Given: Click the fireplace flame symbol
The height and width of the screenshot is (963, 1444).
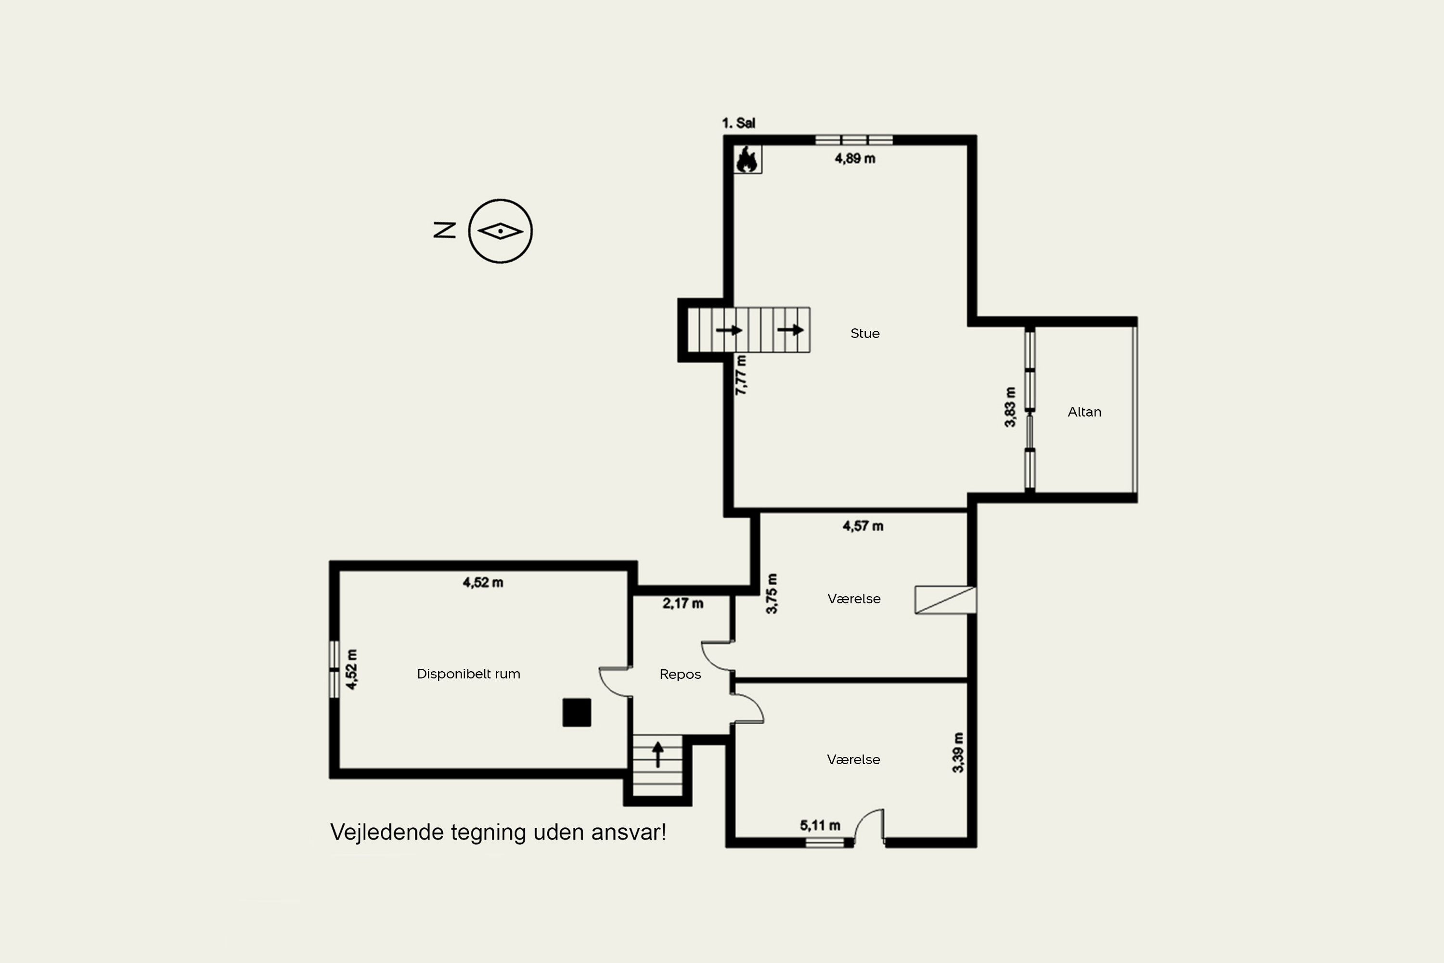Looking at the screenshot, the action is [747, 160].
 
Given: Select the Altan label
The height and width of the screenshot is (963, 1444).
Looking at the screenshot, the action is [1084, 412].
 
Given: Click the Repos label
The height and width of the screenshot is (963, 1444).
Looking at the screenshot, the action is [680, 675].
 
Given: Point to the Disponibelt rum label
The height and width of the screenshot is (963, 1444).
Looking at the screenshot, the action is [468, 674].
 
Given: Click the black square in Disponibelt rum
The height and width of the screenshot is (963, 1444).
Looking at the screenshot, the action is [577, 713].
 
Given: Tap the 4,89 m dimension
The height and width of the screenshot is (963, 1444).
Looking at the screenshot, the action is [855, 158].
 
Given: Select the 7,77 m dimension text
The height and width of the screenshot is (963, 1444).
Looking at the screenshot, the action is [741, 375].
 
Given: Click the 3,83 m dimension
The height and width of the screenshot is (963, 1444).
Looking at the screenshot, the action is [1010, 406].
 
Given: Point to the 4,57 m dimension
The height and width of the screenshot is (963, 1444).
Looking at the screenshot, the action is [863, 526].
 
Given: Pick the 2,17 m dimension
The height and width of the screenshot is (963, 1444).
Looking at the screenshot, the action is [683, 603].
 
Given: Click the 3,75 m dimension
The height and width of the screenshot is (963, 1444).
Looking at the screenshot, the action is [772, 593].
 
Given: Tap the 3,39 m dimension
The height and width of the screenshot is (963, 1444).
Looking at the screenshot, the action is [958, 752].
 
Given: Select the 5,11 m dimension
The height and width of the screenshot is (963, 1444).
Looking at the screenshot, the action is [820, 825].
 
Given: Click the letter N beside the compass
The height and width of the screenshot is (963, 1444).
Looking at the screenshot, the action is [444, 230].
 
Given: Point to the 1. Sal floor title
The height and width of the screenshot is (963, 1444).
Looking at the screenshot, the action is [738, 123].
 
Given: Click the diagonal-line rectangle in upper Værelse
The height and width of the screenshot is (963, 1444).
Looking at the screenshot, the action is [945, 600].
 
